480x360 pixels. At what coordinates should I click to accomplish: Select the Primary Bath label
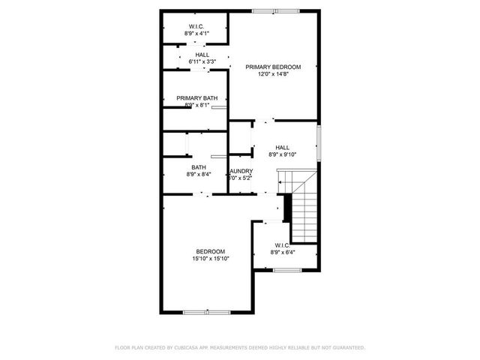pyautogui.click(x=196, y=98)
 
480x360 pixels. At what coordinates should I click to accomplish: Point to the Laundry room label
pyautogui.click(x=241, y=171)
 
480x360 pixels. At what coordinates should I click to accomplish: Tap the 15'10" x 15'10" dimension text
pyautogui.click(x=210, y=259)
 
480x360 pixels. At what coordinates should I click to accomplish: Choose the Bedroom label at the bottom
pyautogui.click(x=210, y=251)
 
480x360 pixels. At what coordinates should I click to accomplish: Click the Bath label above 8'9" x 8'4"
pyautogui.click(x=198, y=167)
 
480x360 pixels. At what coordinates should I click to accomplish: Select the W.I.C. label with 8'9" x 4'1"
pyautogui.click(x=197, y=26)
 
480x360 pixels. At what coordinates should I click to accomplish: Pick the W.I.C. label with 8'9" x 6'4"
pyautogui.click(x=282, y=245)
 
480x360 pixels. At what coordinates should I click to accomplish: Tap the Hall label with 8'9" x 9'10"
pyautogui.click(x=282, y=148)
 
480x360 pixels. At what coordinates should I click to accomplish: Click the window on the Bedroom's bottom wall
pyautogui.click(x=206, y=311)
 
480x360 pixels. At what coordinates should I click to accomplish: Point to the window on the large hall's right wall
pyautogui.click(x=319, y=142)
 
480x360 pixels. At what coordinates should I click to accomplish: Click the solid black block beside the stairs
pyautogui.click(x=286, y=209)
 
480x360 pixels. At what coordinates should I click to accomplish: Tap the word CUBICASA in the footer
pyautogui.click(x=186, y=348)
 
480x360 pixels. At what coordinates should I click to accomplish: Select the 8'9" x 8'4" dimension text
pyautogui.click(x=198, y=175)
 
